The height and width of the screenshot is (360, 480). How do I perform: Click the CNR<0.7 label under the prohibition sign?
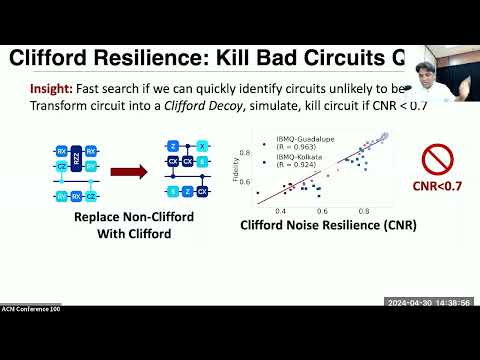click(x=437, y=185)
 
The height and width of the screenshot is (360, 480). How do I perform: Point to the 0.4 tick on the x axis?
click(x=281, y=211)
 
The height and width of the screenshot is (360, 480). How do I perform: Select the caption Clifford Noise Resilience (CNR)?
click(x=327, y=224)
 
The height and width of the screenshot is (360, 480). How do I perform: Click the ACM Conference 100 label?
click(x=36, y=304)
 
